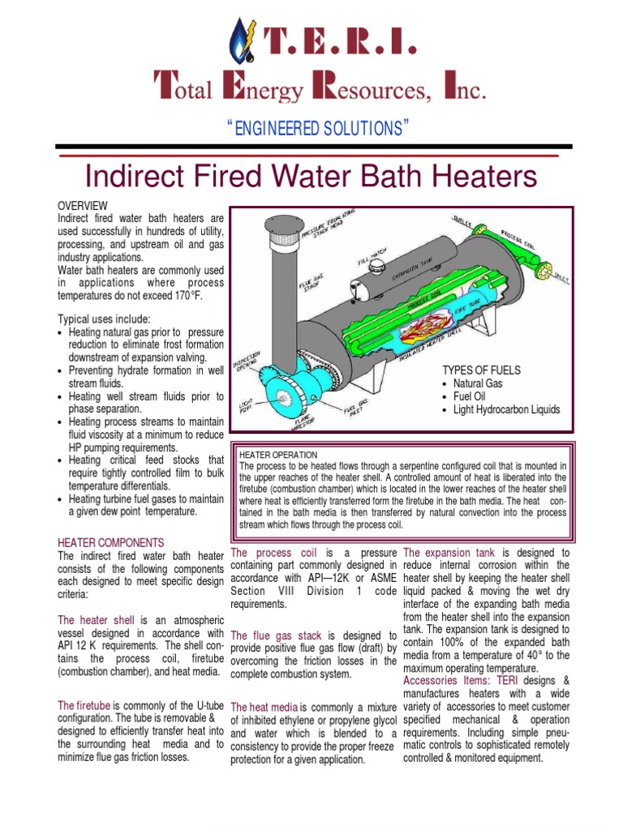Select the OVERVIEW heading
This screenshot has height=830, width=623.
point(83,206)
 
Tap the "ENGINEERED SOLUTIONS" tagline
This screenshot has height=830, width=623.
point(311,129)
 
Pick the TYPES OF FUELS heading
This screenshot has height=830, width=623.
point(482,370)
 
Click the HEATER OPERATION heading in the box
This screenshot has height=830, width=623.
point(279,456)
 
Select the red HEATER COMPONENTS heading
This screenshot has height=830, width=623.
point(111,542)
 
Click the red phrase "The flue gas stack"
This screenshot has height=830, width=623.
point(277,635)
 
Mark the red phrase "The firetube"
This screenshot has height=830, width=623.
point(84,705)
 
